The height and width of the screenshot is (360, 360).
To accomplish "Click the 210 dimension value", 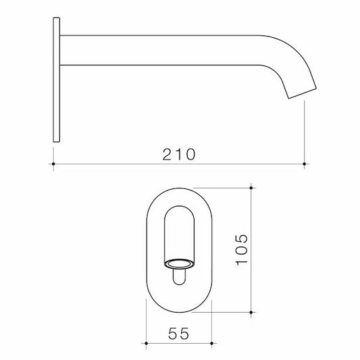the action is coord(179,155).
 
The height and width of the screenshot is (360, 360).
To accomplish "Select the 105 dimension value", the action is coord(242,249).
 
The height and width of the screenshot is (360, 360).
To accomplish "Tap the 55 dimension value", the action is coord(178,334).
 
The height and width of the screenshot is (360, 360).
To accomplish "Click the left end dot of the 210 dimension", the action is coord(53,164).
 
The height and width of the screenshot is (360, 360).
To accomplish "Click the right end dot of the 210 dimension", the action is coord(305,164).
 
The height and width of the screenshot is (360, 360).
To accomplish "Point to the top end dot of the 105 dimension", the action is coord(251,188).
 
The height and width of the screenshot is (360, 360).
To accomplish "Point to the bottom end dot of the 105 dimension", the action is coord(251,313).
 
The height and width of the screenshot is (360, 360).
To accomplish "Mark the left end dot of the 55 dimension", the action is coord(147,343).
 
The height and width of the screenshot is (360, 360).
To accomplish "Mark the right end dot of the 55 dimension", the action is coord(211,343).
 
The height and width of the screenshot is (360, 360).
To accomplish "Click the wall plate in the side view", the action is coord(57,80).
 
